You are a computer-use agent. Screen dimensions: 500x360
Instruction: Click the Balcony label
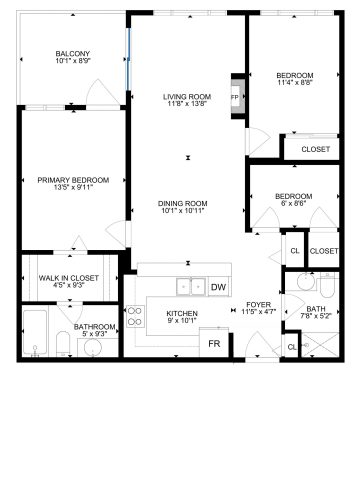[73, 54]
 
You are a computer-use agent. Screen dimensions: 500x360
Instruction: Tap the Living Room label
[185, 96]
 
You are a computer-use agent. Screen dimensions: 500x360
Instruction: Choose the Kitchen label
[182, 314]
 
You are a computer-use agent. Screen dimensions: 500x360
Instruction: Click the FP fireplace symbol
[236, 98]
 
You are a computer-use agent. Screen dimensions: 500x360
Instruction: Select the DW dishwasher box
[219, 288]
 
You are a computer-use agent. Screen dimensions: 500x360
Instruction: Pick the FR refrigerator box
[213, 344]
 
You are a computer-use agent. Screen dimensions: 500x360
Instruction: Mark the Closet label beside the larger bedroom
[314, 149]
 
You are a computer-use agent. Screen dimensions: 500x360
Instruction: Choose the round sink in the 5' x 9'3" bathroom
[93, 347]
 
